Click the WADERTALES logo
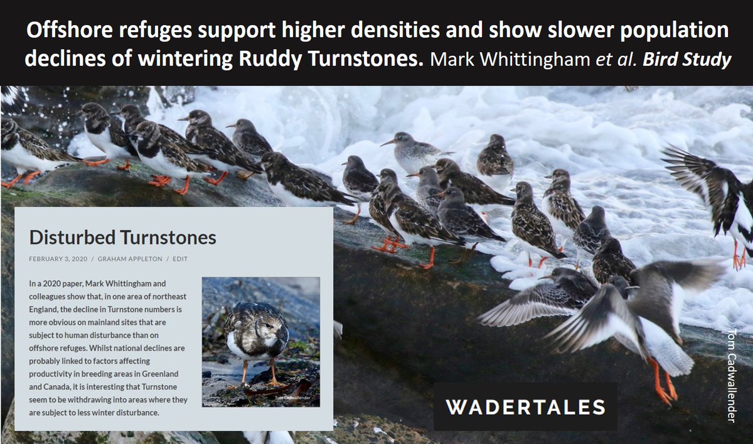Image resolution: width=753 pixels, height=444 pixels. [525, 406]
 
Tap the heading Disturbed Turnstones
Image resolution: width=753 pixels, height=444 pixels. [122, 237]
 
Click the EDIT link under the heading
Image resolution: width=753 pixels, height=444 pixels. [180, 259]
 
